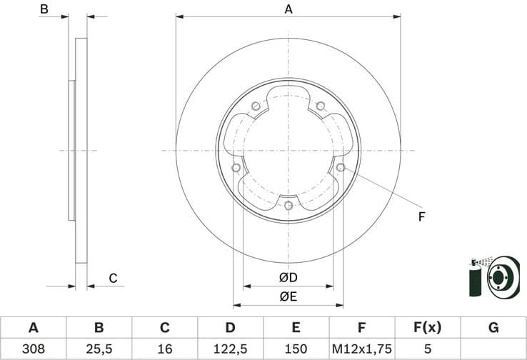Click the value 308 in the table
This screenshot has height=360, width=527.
click(x=33, y=349)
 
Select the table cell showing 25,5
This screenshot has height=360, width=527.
click(x=99, y=349)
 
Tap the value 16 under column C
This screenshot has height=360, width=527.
click(x=164, y=349)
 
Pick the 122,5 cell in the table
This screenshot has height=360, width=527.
click(x=230, y=349)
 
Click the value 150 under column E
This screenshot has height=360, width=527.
click(x=296, y=349)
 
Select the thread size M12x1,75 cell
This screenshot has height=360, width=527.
click(x=361, y=349)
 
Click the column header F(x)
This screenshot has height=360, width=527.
click(x=427, y=328)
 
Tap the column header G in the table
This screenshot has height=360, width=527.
click(x=493, y=328)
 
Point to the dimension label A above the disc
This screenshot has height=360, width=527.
click(x=288, y=9)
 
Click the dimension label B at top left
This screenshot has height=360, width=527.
click(x=44, y=9)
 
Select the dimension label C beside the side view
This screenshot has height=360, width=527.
click(x=113, y=279)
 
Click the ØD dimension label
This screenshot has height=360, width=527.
click(x=288, y=278)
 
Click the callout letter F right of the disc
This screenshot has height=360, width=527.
click(x=421, y=216)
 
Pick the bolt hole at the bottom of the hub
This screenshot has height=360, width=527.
click(x=288, y=206)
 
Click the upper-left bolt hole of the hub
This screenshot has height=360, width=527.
click(x=256, y=107)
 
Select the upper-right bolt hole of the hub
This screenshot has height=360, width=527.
click(x=320, y=106)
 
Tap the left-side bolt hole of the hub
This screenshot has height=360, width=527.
click(x=236, y=168)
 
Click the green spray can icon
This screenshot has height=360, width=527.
click(x=476, y=279)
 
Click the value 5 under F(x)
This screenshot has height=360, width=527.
click(x=427, y=349)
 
